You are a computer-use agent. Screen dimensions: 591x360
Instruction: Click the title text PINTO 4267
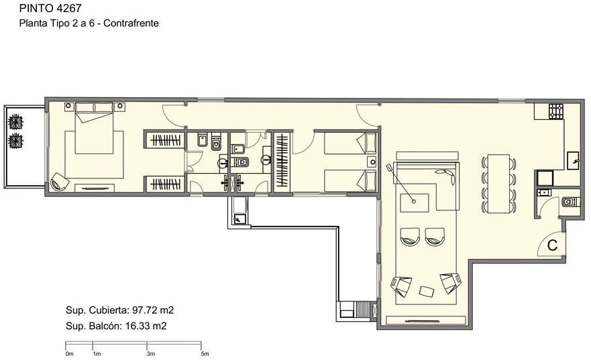pyautogui.click(x=50, y=7)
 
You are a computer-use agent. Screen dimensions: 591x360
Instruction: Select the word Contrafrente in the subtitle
pyautogui.click(x=131, y=23)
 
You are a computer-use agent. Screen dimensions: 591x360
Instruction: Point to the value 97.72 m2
pyautogui.click(x=153, y=310)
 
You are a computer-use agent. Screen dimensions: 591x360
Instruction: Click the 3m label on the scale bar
pyautogui.click(x=151, y=354)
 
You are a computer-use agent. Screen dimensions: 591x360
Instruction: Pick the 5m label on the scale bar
pyautogui.click(x=205, y=354)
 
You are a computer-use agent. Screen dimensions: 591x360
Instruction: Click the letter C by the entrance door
pyautogui.click(x=552, y=245)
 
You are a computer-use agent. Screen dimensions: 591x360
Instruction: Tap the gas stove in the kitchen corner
pyautogui.click(x=556, y=111)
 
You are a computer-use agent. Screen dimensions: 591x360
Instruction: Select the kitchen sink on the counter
pyautogui.click(x=574, y=161)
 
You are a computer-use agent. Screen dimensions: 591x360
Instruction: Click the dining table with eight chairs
pyautogui.click(x=498, y=184)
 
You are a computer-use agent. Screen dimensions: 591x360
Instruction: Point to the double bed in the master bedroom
pyautogui.click(x=94, y=128)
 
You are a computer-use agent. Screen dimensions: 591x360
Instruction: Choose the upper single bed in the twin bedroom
pyautogui.click(x=350, y=143)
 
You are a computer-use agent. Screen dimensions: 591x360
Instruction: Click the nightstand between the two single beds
pyautogui.click(x=372, y=162)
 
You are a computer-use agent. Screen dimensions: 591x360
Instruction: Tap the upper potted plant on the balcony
pyautogui.click(x=16, y=122)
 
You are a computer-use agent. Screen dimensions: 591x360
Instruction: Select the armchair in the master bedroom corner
pyautogui.click(x=60, y=182)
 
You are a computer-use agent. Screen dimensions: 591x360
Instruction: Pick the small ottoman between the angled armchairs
pyautogui.click(x=427, y=291)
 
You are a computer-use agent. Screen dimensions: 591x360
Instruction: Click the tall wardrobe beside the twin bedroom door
pyautogui.click(x=282, y=160)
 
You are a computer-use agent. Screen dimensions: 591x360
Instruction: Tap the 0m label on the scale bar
pyautogui.click(x=69, y=354)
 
